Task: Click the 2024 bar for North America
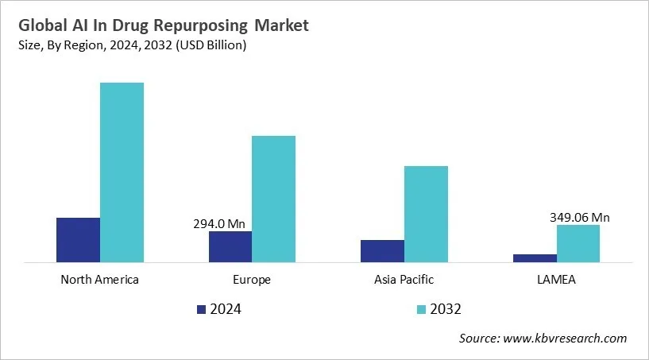[x=78, y=239]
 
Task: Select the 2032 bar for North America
[x=122, y=172]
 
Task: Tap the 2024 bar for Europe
[x=230, y=246]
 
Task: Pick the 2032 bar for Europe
[x=273, y=199]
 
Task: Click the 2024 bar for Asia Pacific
[x=382, y=250]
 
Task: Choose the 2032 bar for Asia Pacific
[x=426, y=214]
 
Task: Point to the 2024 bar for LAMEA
[x=535, y=257]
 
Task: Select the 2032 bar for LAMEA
[x=578, y=243]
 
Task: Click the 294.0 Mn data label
[x=220, y=223]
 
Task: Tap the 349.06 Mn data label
[x=579, y=217]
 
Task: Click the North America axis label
[x=99, y=280]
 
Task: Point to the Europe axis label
[x=252, y=280]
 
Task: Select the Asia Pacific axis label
[x=404, y=280]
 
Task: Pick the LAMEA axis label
[x=556, y=280]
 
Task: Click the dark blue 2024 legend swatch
[x=201, y=309]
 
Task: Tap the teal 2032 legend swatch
[x=420, y=309]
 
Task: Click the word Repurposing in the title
[x=215, y=26]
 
